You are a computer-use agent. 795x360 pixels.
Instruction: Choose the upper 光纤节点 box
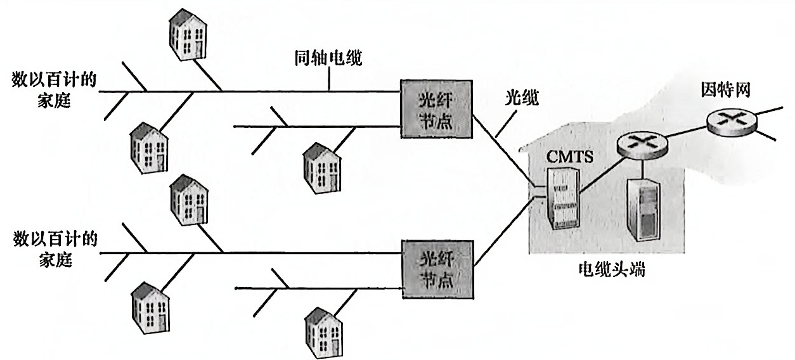click(437, 109)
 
